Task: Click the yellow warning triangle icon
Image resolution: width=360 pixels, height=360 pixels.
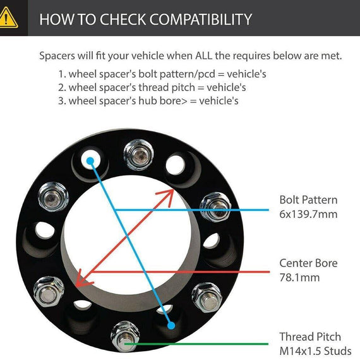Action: [8, 18]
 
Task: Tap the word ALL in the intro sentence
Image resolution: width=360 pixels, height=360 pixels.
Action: [204, 56]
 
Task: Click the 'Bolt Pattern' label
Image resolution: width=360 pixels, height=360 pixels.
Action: [308, 200]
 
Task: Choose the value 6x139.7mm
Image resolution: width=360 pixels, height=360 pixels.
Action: [308, 214]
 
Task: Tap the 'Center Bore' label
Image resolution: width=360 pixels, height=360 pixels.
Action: [308, 263]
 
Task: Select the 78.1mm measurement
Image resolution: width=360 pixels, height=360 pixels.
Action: [299, 277]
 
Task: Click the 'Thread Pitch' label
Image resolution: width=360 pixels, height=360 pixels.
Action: [310, 337]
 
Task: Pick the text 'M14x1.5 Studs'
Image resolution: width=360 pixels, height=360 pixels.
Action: [315, 351]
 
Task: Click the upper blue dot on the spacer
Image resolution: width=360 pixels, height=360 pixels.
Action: [90, 160]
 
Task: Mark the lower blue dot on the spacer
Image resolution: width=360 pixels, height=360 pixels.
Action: [171, 325]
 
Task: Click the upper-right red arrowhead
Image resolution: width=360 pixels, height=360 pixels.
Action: [167, 197]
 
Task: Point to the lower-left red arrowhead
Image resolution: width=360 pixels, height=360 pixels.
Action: [83, 279]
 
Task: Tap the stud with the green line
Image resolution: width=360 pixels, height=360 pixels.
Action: [125, 337]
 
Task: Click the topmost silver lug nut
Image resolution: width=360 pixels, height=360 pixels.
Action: [138, 155]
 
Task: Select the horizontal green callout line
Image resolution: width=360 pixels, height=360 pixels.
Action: [196, 344]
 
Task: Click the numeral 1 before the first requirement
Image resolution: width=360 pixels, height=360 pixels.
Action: [61, 75]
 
